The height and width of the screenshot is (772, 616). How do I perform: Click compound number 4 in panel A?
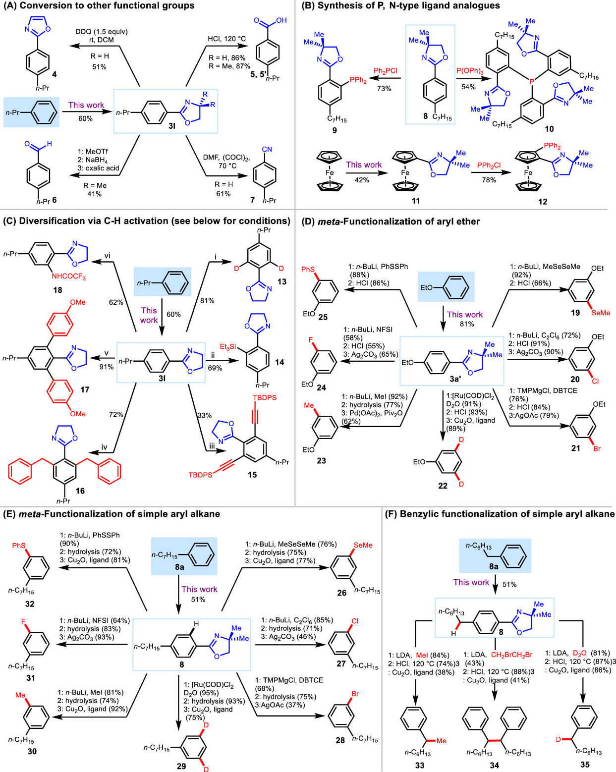click(54, 74)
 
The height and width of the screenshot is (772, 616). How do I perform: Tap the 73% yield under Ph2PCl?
click(384, 89)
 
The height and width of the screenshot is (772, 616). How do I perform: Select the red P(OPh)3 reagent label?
click(469, 71)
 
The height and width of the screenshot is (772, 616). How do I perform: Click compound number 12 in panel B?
click(543, 201)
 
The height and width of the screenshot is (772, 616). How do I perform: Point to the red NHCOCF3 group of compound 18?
click(68, 276)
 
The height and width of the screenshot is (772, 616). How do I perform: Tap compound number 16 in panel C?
click(80, 491)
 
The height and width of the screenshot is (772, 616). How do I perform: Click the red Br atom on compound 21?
click(597, 448)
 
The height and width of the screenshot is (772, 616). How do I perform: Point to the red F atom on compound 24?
click(311, 340)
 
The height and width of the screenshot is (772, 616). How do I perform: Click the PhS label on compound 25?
click(308, 269)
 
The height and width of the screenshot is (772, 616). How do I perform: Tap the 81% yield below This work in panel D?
click(467, 324)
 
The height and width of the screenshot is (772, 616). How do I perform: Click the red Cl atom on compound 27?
click(355, 621)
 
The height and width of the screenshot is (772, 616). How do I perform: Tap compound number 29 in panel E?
click(181, 766)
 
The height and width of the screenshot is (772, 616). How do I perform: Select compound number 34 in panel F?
click(494, 765)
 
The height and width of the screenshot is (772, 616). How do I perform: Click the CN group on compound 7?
click(267, 149)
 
